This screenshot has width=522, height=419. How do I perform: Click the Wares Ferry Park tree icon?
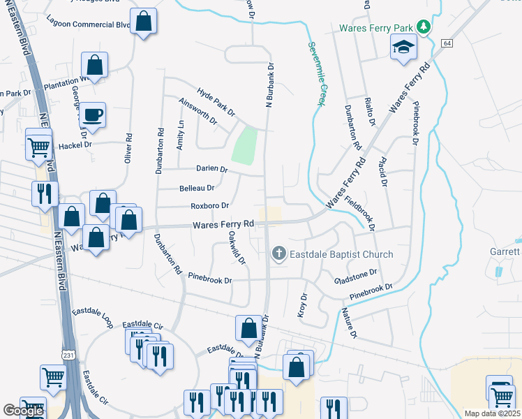point(423,27)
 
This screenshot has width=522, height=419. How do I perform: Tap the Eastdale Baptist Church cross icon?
point(279,253)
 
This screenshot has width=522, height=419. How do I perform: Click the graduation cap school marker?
point(403,47)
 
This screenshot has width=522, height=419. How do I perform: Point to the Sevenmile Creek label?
point(317,73)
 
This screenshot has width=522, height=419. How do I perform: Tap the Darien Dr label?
point(214,169)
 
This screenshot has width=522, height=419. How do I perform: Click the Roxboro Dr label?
point(210,206)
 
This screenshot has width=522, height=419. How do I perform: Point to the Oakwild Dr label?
point(237,248)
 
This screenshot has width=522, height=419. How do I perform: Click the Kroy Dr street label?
point(302,306)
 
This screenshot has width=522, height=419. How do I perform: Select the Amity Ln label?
point(180,133)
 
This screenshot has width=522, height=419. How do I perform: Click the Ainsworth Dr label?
point(199,110)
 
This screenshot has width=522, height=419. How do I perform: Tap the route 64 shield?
point(447,43)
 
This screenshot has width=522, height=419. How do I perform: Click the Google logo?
point(23,411)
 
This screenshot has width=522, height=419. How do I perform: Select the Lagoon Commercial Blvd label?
point(89,24)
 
